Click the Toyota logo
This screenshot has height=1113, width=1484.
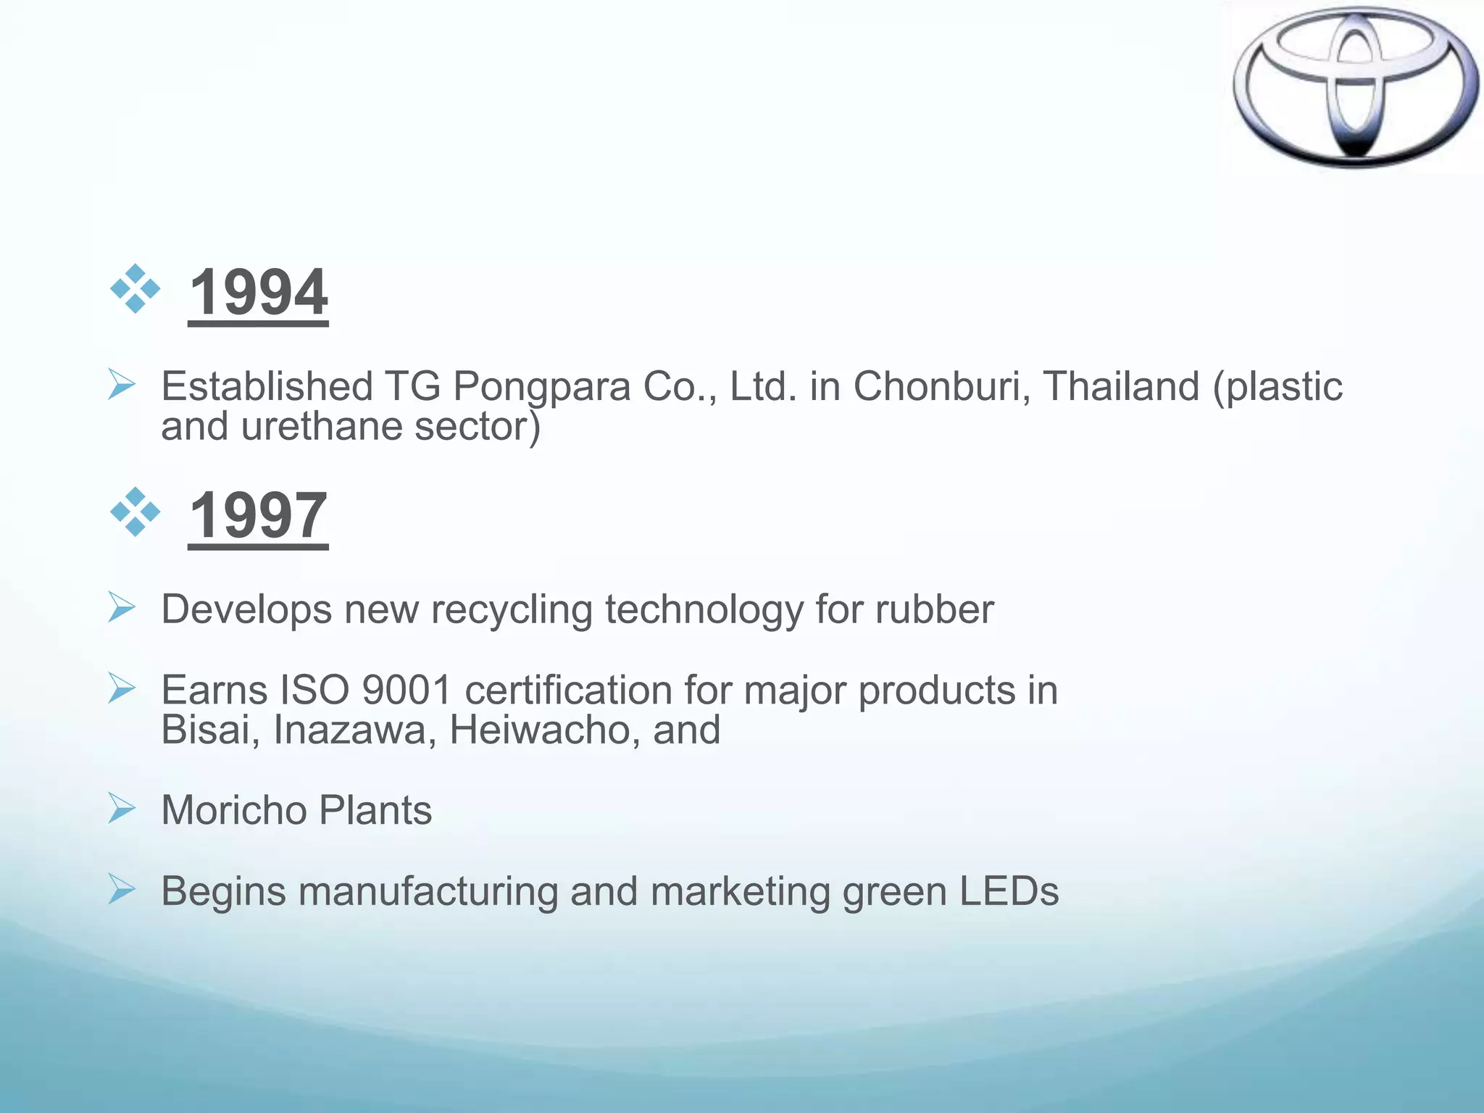click(1355, 87)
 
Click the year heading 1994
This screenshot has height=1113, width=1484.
click(258, 292)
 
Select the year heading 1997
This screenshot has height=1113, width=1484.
click(258, 515)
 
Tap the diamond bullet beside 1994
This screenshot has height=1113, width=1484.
click(135, 289)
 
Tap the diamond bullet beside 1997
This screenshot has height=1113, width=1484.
click(135, 512)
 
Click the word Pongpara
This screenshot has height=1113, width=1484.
click(542, 387)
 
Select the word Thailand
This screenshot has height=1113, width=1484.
click(1121, 385)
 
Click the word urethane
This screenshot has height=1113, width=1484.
click(320, 426)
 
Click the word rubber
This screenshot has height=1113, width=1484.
click(934, 609)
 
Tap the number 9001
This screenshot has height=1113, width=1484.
click(407, 690)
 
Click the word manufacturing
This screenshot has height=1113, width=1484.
click(428, 893)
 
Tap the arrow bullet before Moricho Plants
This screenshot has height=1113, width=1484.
click(121, 808)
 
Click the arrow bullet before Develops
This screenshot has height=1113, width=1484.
click(121, 607)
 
